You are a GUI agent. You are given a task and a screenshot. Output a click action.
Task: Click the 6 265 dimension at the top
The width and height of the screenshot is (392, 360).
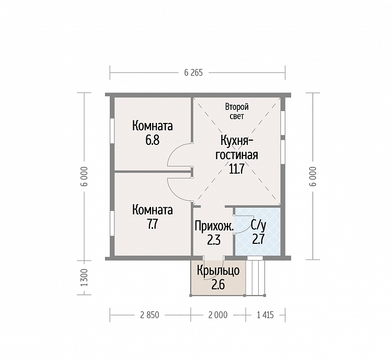click(x=193, y=73)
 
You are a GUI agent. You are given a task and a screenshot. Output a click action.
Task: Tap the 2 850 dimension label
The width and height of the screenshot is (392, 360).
click(x=149, y=314)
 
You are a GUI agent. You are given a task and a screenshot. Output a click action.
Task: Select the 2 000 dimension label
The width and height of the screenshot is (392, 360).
click(x=218, y=314)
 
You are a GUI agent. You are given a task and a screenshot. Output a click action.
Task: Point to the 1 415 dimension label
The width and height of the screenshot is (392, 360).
click(x=265, y=314)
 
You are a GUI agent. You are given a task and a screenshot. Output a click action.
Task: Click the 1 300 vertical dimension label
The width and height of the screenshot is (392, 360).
click(x=85, y=278)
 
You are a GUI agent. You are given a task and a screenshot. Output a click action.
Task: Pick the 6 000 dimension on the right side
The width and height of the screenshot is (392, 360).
click(x=313, y=176)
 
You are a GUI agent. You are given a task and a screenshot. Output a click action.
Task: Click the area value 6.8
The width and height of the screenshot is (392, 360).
click(x=153, y=140)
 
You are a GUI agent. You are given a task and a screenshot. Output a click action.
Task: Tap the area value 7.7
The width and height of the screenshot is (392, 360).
click(x=152, y=224)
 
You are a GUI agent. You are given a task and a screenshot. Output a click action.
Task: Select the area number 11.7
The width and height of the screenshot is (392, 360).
click(x=236, y=169)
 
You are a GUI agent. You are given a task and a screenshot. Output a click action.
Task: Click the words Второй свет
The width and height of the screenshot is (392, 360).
click(x=237, y=111)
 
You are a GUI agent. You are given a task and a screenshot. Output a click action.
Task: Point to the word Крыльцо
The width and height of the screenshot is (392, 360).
click(x=218, y=271)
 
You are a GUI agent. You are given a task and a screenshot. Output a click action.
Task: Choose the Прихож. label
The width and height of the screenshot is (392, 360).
click(x=214, y=226)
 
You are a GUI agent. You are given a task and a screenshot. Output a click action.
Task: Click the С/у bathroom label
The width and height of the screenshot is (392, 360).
click(x=259, y=226)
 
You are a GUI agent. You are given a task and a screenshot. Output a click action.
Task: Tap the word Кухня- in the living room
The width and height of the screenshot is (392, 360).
click(x=236, y=140)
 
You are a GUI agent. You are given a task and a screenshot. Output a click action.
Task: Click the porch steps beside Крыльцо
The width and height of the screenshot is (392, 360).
click(x=255, y=278)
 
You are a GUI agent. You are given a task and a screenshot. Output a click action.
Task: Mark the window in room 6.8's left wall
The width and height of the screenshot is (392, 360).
click(x=112, y=131)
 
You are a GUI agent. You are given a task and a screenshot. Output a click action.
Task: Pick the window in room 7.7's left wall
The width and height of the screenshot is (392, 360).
click(x=112, y=223)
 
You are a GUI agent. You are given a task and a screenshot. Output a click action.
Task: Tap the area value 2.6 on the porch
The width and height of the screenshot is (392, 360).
click(x=218, y=285)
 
